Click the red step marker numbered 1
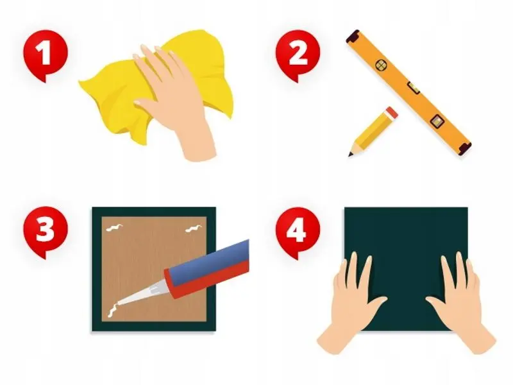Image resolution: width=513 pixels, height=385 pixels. (x=45, y=54)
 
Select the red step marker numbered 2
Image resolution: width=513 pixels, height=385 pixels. (x=298, y=54)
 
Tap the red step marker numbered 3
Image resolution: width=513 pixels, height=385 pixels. (x=45, y=231)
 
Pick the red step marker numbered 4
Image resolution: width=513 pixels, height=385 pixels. (x=298, y=231)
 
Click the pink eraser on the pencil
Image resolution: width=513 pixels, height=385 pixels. (x=392, y=113)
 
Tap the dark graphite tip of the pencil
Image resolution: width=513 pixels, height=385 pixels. (x=350, y=154)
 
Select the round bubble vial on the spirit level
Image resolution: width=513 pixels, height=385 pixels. (x=380, y=65)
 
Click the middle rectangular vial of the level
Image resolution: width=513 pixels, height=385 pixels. (x=413, y=88)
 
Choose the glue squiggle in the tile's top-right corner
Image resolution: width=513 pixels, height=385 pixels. (x=194, y=228)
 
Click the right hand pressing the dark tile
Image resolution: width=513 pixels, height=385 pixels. (x=461, y=304)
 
